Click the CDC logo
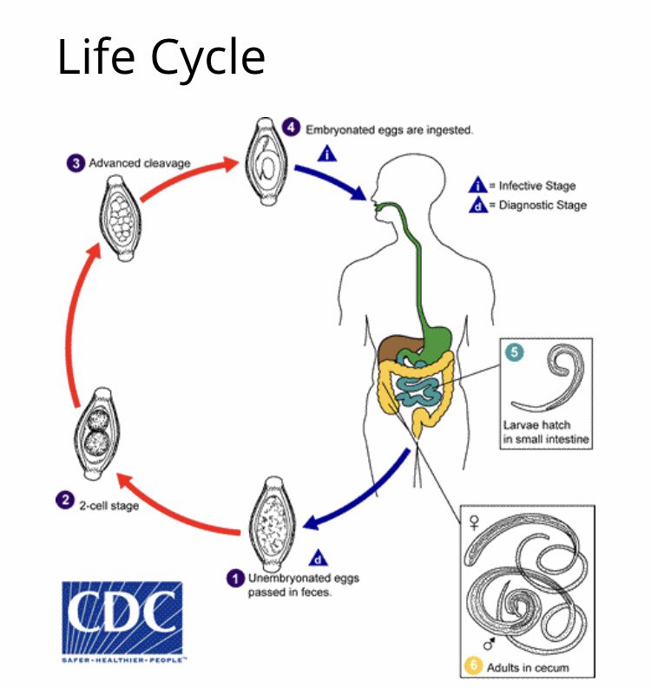(x=122, y=619)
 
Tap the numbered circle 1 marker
(x=235, y=577)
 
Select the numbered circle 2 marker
(x=64, y=499)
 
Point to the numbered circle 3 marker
(x=76, y=162)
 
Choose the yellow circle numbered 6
(x=473, y=666)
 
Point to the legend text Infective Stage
(x=536, y=186)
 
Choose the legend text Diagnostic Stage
(x=542, y=206)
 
